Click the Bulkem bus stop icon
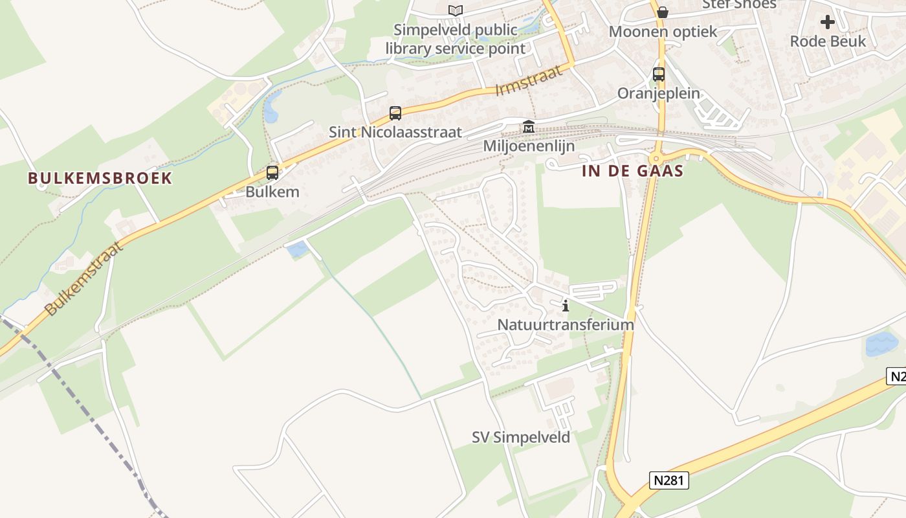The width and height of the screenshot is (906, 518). pyautogui.click(x=272, y=173)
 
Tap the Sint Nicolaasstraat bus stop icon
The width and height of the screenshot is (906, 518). pyautogui.click(x=395, y=113)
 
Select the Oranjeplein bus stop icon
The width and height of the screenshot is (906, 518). pyautogui.click(x=659, y=74)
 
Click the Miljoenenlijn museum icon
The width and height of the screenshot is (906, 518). pyautogui.click(x=529, y=127)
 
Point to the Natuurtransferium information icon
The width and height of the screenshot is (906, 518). pyautogui.click(x=566, y=306)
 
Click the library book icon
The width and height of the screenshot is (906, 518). pyautogui.click(x=456, y=10)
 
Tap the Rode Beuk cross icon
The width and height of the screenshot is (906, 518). pyautogui.click(x=827, y=23)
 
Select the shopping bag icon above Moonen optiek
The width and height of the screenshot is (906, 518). pyautogui.click(x=662, y=12)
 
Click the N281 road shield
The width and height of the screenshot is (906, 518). pyautogui.click(x=669, y=480)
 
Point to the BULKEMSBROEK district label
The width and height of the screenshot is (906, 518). pyautogui.click(x=100, y=178)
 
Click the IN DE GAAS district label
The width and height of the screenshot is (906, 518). pyautogui.click(x=633, y=171)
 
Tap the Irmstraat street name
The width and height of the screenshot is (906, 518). pyautogui.click(x=529, y=80)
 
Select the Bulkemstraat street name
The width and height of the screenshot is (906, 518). pyautogui.click(x=84, y=278)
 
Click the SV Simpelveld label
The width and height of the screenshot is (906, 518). pyautogui.click(x=521, y=438)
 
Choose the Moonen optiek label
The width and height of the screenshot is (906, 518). pyautogui.click(x=663, y=31)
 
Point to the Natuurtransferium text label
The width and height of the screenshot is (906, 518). pyautogui.click(x=566, y=324)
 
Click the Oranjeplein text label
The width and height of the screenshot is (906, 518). pyautogui.click(x=659, y=93)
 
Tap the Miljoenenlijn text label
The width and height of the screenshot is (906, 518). pyautogui.click(x=529, y=146)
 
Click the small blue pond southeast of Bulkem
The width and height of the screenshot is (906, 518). pyautogui.click(x=297, y=249)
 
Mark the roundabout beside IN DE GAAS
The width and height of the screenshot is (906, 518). pyautogui.click(x=656, y=158)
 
